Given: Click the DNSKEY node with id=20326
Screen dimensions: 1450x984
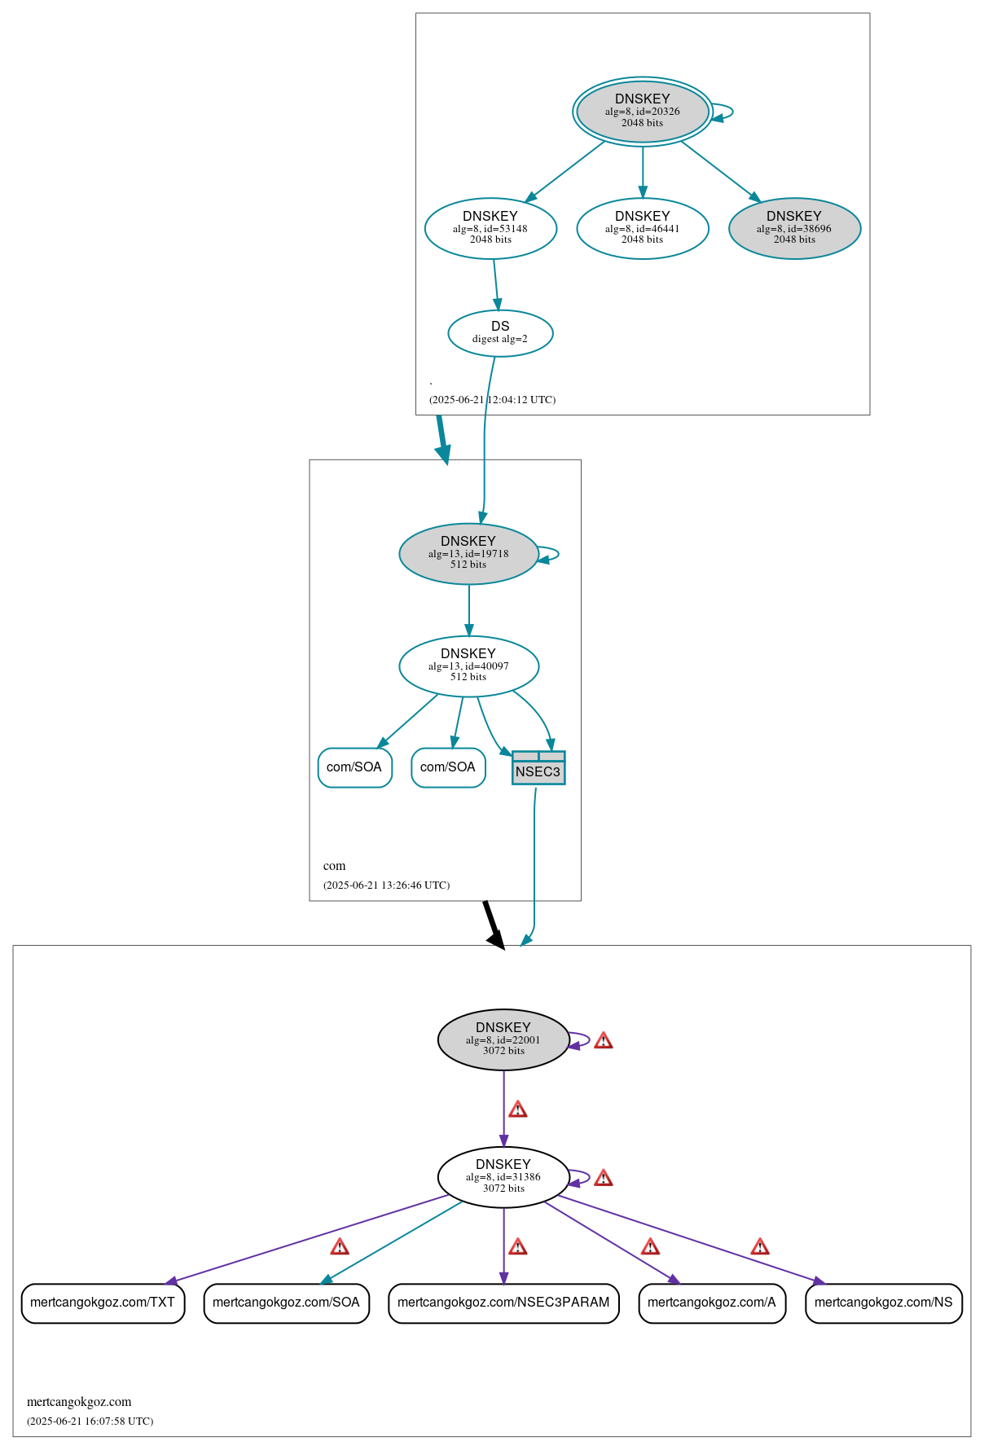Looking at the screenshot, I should (x=642, y=112).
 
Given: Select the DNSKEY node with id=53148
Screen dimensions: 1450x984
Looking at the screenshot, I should (x=490, y=228).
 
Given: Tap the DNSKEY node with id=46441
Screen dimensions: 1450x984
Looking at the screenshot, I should (x=642, y=228).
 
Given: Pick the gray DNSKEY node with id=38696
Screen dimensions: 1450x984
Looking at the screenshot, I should (x=794, y=228).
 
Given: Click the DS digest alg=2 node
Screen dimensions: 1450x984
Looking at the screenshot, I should (x=500, y=332).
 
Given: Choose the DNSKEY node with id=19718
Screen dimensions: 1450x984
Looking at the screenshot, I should (x=468, y=553).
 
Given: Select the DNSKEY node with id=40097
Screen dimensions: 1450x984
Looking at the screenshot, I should (x=468, y=666).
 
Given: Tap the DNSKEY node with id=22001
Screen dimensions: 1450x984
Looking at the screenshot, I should (x=503, y=1039).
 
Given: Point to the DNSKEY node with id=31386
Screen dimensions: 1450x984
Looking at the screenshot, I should (x=503, y=1176).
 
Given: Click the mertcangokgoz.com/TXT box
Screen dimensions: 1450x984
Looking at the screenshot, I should (x=103, y=1303).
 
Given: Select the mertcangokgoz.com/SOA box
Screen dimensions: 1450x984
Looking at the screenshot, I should (x=286, y=1303).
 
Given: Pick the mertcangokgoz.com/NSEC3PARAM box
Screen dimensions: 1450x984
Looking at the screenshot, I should (x=503, y=1303).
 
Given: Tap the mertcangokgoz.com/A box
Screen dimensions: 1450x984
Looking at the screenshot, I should (x=712, y=1303).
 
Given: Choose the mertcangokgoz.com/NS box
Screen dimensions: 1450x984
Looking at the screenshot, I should (x=883, y=1303).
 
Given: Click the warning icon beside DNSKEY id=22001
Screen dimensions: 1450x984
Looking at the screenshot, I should (x=603, y=1040).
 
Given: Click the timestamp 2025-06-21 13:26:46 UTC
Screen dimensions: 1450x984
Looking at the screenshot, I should (x=386, y=885).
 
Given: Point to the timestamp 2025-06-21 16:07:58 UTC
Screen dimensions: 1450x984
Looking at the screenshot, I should (x=90, y=1421).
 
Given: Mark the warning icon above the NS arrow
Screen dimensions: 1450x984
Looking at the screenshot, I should (x=759, y=1246).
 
